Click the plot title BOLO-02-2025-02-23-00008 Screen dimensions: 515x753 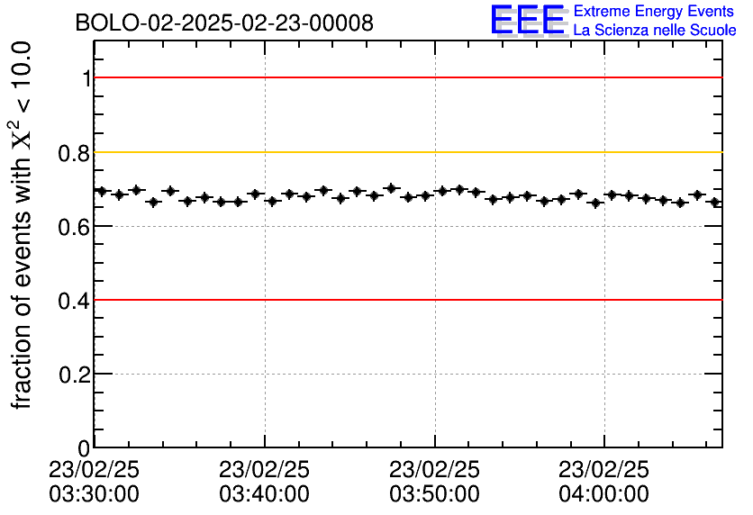(x=223, y=23)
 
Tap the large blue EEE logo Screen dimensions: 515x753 (x=528, y=20)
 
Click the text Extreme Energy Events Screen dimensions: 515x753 (x=653, y=12)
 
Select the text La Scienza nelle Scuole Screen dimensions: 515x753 (x=655, y=31)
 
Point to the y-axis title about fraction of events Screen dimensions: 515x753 (x=22, y=225)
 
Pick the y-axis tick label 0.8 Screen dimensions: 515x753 (x=76, y=153)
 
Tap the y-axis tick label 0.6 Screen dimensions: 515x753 (x=76, y=227)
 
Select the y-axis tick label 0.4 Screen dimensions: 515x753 (x=76, y=301)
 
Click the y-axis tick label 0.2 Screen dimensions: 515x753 (x=76, y=375)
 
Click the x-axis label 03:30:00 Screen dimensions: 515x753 (x=95, y=493)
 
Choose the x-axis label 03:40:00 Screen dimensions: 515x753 (x=265, y=493)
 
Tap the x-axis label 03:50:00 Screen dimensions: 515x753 (x=435, y=493)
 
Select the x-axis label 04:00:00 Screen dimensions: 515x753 (x=604, y=493)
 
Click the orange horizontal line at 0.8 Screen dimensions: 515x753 (x=405, y=152)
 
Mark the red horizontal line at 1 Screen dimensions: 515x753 (x=405, y=77)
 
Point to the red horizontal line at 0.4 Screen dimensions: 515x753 (x=405, y=299)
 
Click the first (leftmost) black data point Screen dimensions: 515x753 (x=102, y=191)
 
